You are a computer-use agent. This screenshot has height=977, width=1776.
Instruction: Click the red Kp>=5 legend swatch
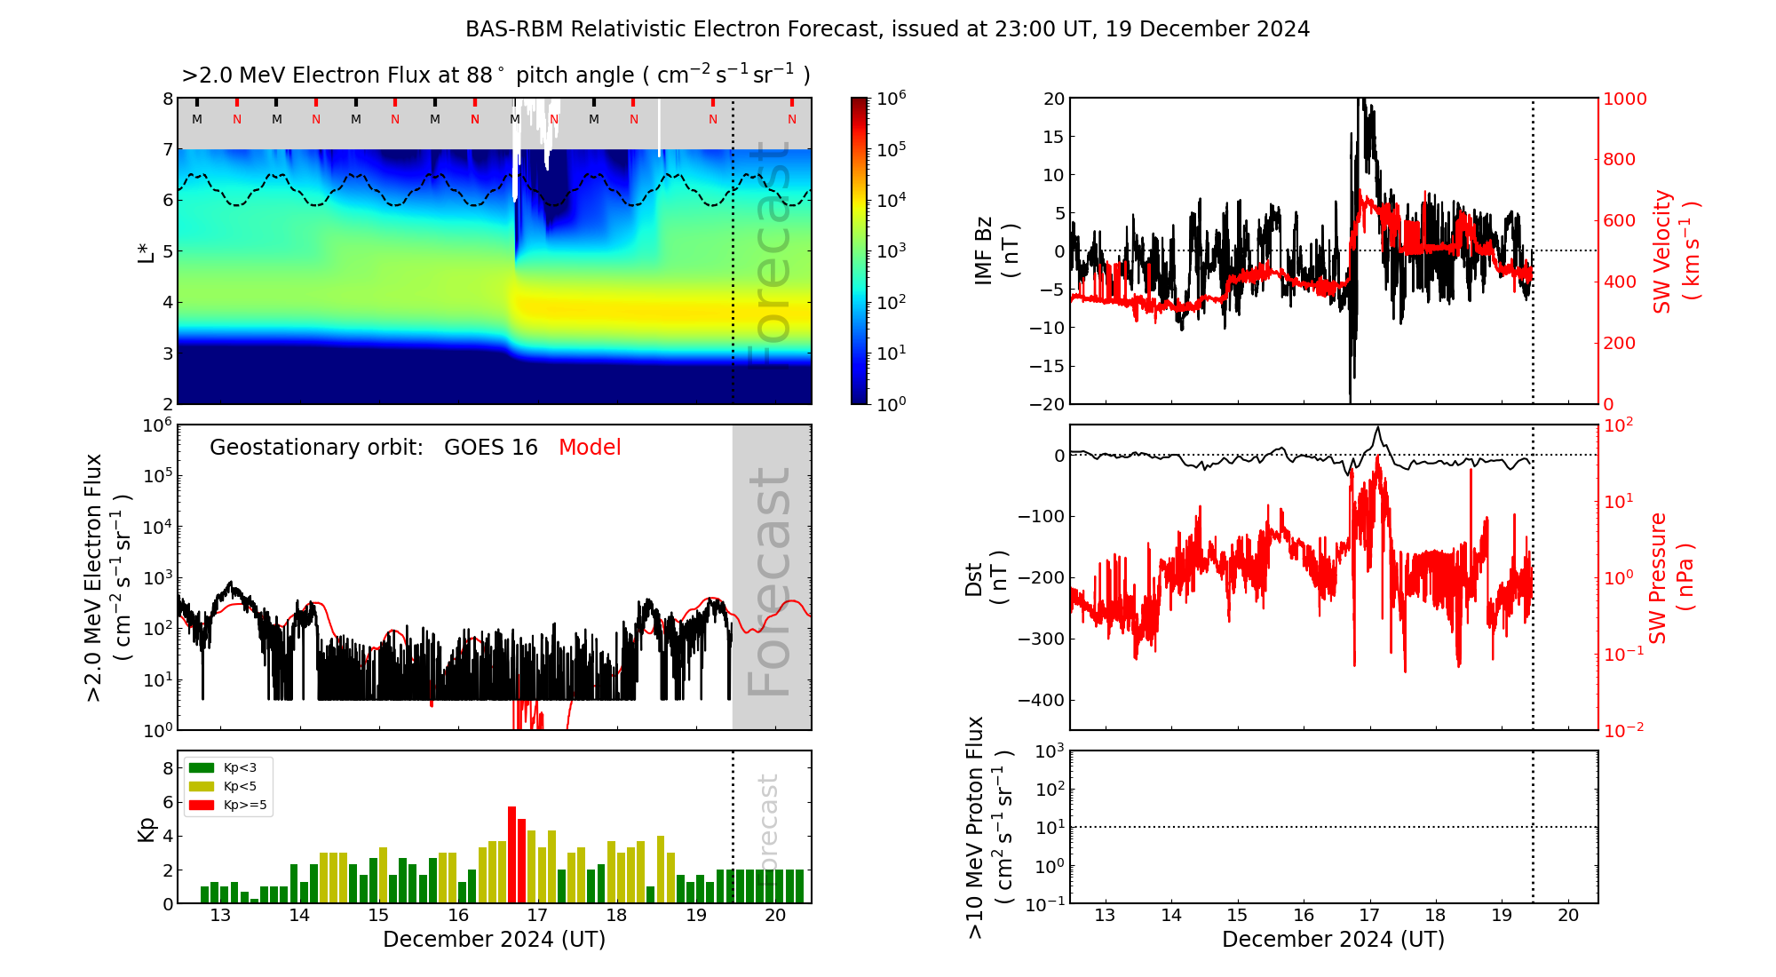(x=202, y=806)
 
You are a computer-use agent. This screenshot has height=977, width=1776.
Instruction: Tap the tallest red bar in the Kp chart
(x=511, y=853)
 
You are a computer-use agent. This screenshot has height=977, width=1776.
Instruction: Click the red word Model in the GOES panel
(x=590, y=448)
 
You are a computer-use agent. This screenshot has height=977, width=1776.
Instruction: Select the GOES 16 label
(x=491, y=448)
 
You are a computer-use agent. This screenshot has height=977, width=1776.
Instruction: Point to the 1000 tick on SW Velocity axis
(x=1624, y=99)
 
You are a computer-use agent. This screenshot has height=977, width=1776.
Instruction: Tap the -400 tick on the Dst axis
(x=1041, y=700)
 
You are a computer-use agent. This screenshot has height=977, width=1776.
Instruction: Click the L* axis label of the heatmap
(x=147, y=251)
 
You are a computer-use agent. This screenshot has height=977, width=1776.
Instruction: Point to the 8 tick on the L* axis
(x=167, y=99)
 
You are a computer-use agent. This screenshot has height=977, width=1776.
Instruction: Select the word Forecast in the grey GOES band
(x=770, y=582)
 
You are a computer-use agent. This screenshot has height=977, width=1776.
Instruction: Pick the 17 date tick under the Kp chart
(x=537, y=916)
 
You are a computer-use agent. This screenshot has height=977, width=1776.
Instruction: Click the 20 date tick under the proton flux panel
(x=1568, y=916)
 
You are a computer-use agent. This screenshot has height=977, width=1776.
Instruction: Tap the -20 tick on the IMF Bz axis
(x=1048, y=404)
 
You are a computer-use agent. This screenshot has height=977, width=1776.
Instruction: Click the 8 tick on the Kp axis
(x=167, y=768)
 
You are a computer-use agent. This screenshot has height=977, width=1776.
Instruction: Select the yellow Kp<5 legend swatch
(x=202, y=786)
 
